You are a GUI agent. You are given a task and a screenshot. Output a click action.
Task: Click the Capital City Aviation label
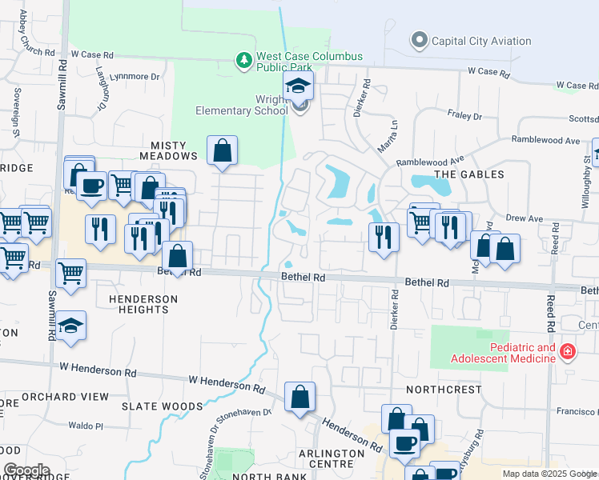coord(480,41)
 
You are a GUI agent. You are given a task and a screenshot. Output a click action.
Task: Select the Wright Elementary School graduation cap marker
coord(299,86)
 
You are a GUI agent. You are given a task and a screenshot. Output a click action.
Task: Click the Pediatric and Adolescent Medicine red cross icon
coord(567,351)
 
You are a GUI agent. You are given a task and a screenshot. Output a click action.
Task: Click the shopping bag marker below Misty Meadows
coord(222,150)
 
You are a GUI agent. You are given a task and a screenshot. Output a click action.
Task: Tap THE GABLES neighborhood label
coord(469,174)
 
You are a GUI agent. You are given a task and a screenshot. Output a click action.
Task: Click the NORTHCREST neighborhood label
coord(444,390)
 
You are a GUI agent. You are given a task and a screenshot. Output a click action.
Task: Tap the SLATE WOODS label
coord(163,406)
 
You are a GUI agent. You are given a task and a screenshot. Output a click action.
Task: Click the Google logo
coord(26,470)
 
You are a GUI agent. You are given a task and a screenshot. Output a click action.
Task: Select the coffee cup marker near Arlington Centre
coord(404,442)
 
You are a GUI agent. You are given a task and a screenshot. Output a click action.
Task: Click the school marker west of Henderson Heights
coord(71,326)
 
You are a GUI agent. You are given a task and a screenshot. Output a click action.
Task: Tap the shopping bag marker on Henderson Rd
coord(299,397)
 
